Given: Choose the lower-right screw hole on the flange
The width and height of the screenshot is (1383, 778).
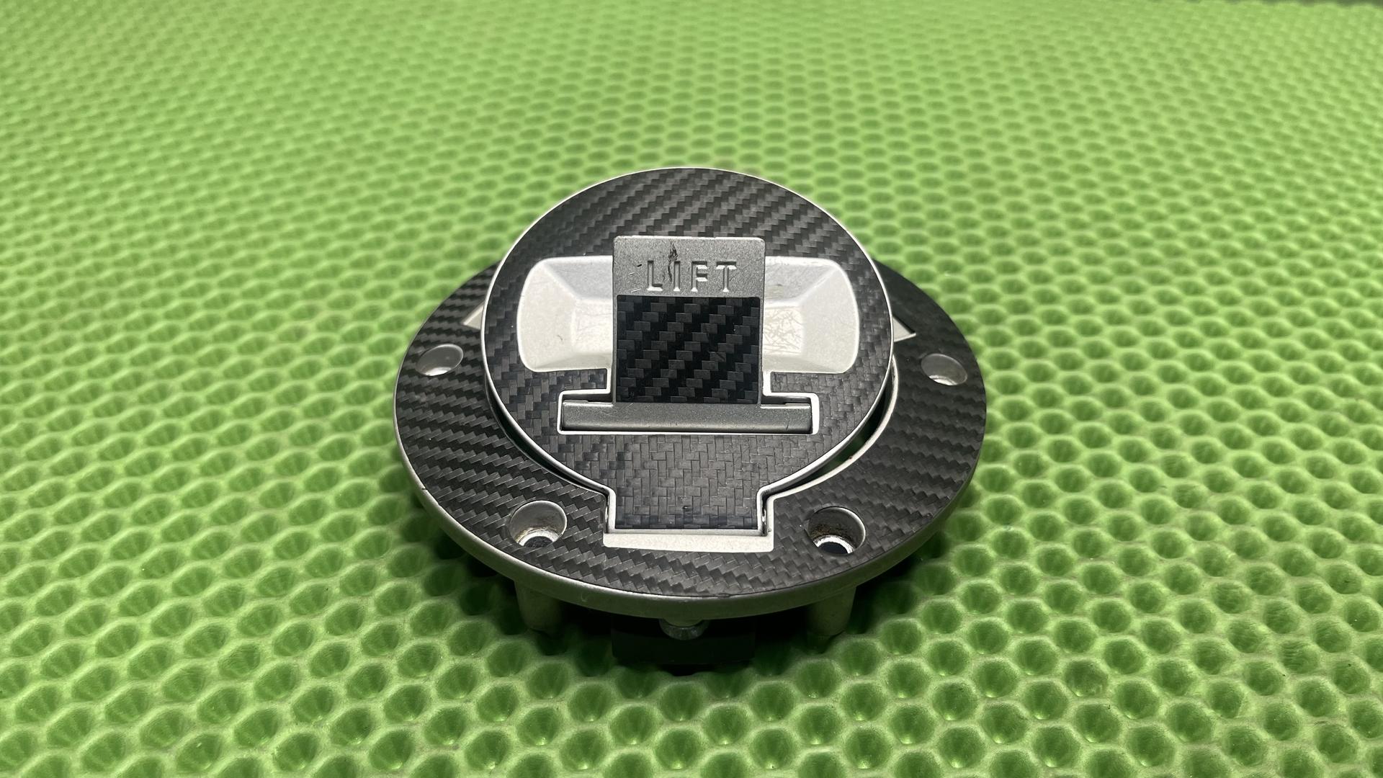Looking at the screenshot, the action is pyautogui.click(x=834, y=530).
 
